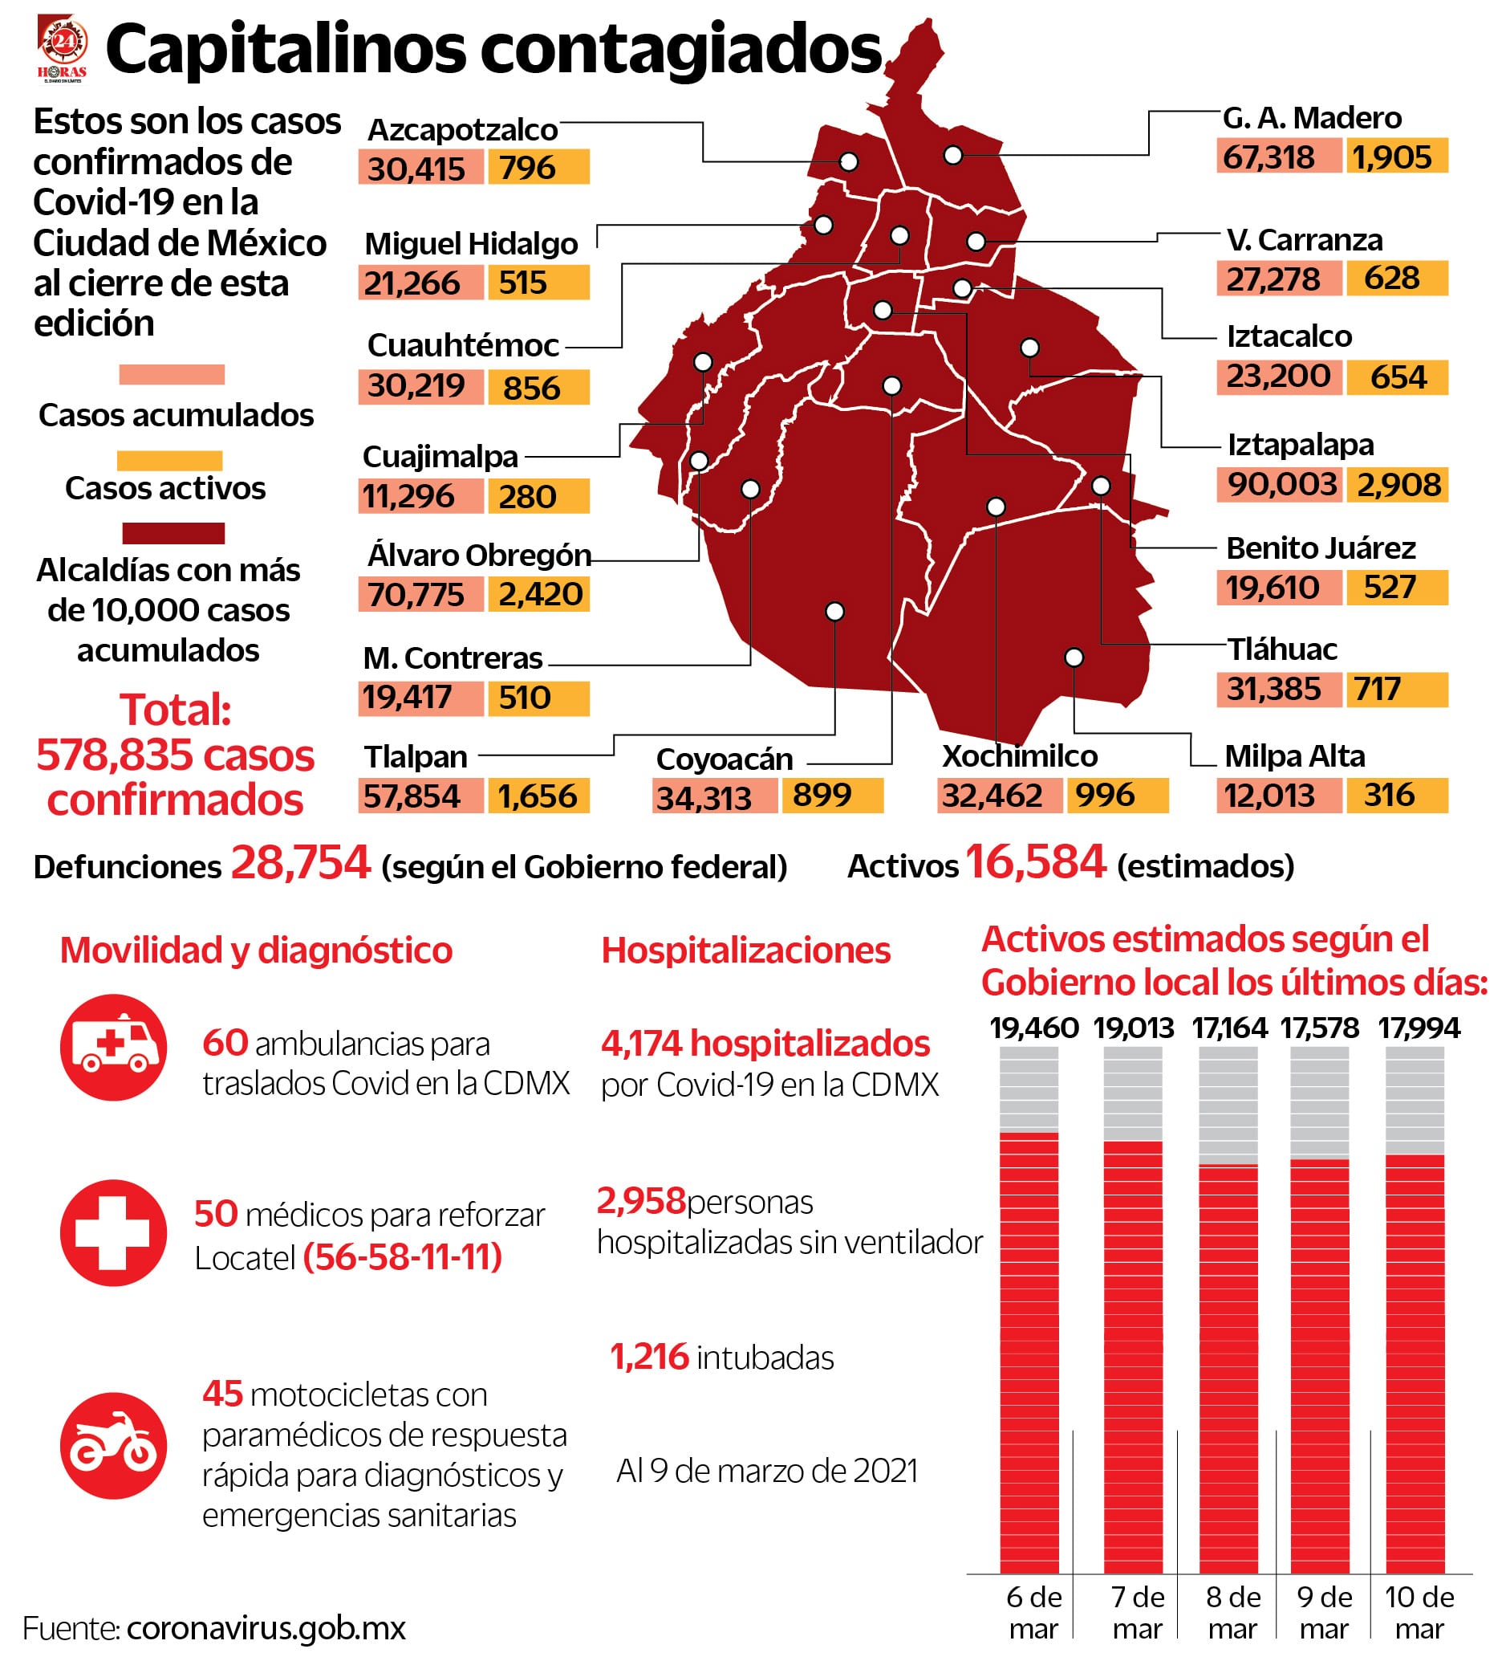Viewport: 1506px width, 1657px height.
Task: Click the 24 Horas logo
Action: pos(63,48)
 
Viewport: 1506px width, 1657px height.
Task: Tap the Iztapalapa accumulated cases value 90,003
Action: pos(1281,484)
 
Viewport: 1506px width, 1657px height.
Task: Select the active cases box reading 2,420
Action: pos(540,593)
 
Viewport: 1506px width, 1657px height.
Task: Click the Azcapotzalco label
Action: pos(463,130)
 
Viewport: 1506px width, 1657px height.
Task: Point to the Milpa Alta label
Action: pos(1294,755)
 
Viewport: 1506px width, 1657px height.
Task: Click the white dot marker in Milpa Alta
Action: pos(1074,658)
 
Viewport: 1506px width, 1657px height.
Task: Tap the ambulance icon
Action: pos(113,1047)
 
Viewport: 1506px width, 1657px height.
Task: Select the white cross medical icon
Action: pos(113,1233)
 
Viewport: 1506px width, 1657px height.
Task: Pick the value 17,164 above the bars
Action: pos(1230,1028)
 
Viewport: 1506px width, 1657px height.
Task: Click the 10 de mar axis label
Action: pos(1419,1612)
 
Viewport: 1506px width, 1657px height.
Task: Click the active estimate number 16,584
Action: pos(1035,862)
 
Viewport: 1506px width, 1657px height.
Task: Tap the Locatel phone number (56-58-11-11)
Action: pos(403,1256)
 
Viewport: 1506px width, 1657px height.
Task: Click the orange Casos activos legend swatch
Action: pos(170,460)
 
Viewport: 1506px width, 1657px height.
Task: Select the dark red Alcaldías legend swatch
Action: pos(173,533)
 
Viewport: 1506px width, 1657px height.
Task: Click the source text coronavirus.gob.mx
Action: pos(266,1628)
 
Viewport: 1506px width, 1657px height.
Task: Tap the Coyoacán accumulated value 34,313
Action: pos(704,797)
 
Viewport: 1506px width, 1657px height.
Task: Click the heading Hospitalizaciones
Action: pos(745,951)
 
